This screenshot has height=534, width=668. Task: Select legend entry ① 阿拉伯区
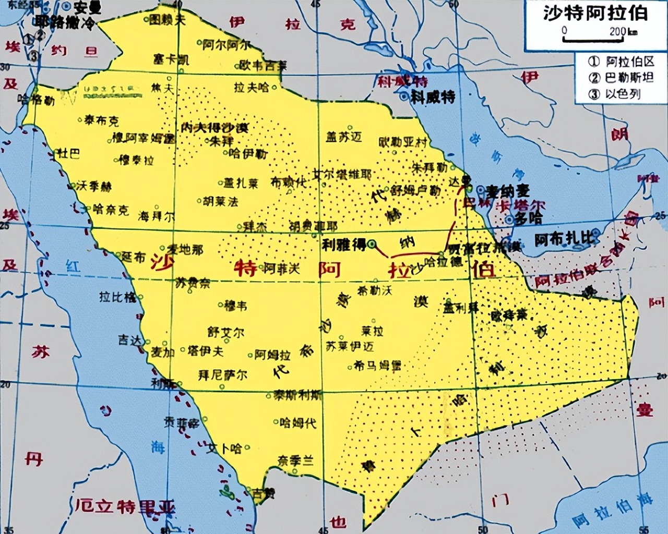[x=621, y=62]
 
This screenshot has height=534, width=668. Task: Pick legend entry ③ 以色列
[x=615, y=94]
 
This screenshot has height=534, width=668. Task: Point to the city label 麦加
[x=162, y=352]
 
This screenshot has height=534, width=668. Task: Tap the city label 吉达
[x=129, y=340]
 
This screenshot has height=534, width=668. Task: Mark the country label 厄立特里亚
[x=125, y=506]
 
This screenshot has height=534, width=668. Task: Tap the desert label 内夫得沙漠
[x=214, y=128]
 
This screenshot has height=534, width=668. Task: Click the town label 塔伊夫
[x=206, y=351]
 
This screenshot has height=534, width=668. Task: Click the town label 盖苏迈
[x=343, y=137]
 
